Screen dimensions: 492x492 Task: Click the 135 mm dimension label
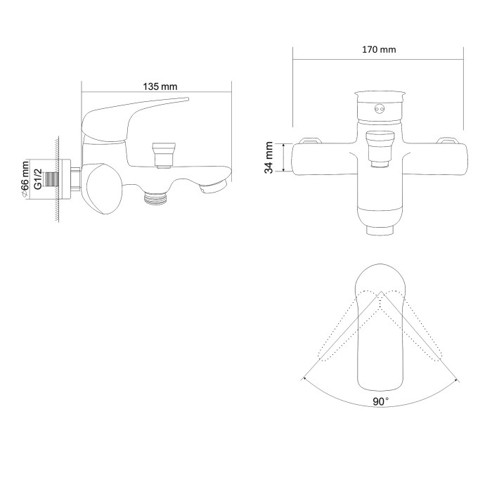[x=160, y=86]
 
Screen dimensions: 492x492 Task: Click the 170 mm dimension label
[x=379, y=50]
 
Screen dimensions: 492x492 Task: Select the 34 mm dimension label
[x=269, y=157]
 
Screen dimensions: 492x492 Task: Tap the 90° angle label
[x=381, y=401]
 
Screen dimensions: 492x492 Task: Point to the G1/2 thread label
[x=38, y=179]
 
